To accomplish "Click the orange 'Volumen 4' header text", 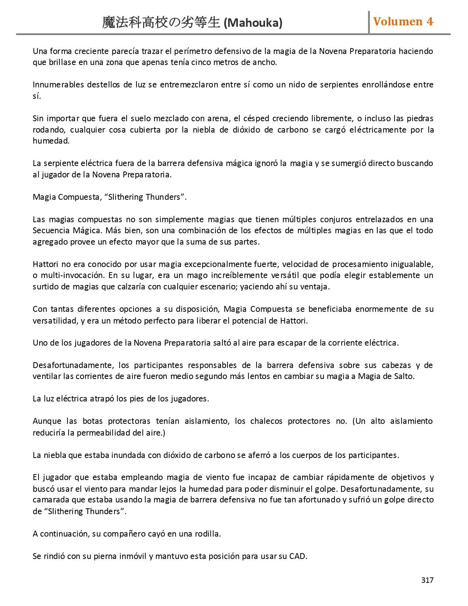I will pyautogui.click(x=403, y=22).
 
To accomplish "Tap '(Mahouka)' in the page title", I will pyautogui.click(x=253, y=23).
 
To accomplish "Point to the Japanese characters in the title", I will pyautogui.click(x=161, y=23).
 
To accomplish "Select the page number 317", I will pyautogui.click(x=427, y=580).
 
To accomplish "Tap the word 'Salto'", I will pyautogui.click(x=403, y=376).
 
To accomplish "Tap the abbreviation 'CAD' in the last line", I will pyautogui.click(x=297, y=556).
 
